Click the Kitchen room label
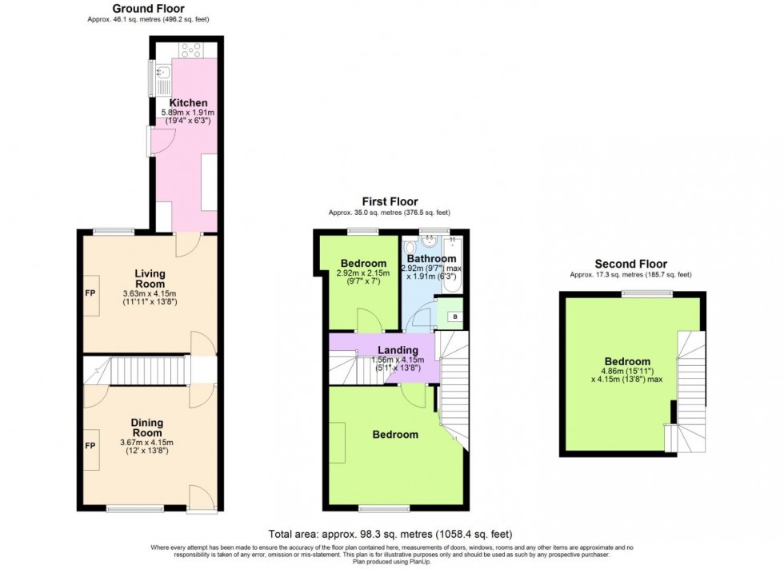[189, 103]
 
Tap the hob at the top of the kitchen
[191, 50]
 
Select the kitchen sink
[160, 78]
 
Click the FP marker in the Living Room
[90, 293]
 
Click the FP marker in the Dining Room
[90, 445]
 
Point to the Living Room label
[150, 279]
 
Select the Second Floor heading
[630, 264]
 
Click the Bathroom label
[431, 260]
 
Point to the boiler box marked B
[455, 316]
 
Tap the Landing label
[398, 350]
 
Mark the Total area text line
[391, 534]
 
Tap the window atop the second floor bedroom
[637, 293]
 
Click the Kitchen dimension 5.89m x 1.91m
[189, 113]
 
